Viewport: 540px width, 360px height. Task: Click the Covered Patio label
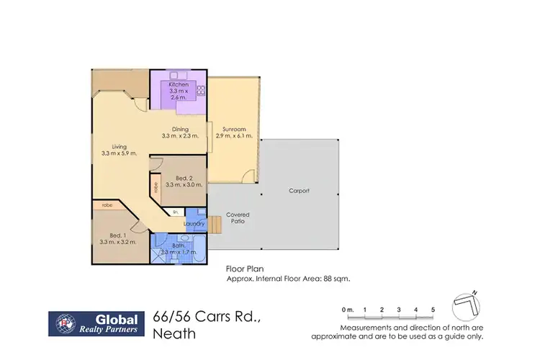point(238,219)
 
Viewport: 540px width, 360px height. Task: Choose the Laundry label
point(194,223)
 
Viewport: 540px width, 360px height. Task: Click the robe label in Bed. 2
point(155,188)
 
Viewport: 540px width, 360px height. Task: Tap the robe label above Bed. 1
point(107,205)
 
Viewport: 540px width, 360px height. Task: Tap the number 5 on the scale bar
point(433,310)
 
